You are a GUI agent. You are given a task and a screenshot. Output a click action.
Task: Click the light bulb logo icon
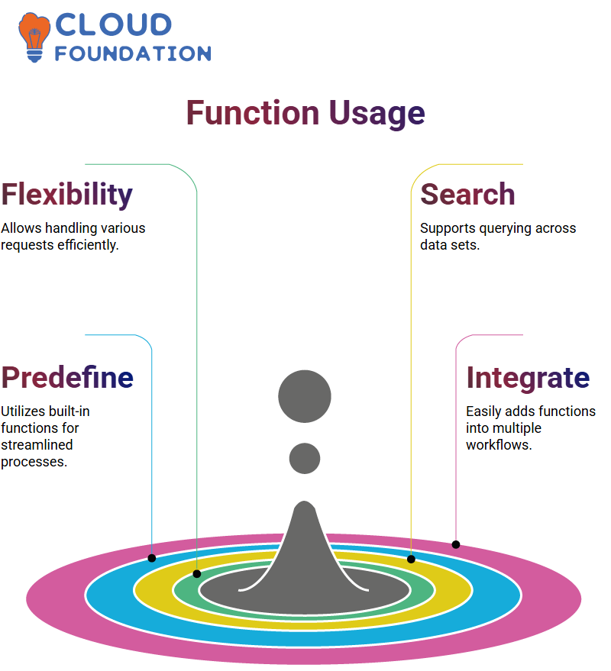[34, 37]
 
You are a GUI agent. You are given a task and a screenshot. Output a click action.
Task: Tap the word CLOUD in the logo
[114, 24]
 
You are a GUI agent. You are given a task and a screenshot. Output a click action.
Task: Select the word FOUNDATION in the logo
[133, 53]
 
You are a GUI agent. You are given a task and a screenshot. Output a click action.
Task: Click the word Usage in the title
[377, 114]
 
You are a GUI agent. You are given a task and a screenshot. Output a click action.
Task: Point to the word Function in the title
[253, 113]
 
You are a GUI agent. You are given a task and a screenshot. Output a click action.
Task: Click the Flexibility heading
[66, 195]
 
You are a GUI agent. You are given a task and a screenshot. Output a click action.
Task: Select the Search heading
[467, 195]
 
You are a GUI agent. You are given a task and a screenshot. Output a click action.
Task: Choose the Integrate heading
[529, 379]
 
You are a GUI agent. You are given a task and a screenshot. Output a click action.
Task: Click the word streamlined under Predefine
[37, 444]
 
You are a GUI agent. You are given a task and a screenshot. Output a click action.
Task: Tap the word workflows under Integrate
[499, 445]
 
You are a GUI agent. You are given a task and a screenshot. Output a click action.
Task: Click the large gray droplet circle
[305, 396]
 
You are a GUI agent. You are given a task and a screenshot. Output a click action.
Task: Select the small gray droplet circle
[305, 458]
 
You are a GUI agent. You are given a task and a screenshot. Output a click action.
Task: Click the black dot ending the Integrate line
[456, 545]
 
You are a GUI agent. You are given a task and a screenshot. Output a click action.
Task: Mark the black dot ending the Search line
[411, 559]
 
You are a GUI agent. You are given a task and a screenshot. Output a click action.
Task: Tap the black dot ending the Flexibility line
[197, 574]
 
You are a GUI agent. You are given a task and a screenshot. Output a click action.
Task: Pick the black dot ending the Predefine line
[152, 558]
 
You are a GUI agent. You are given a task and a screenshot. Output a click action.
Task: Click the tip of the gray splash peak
[305, 501]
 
